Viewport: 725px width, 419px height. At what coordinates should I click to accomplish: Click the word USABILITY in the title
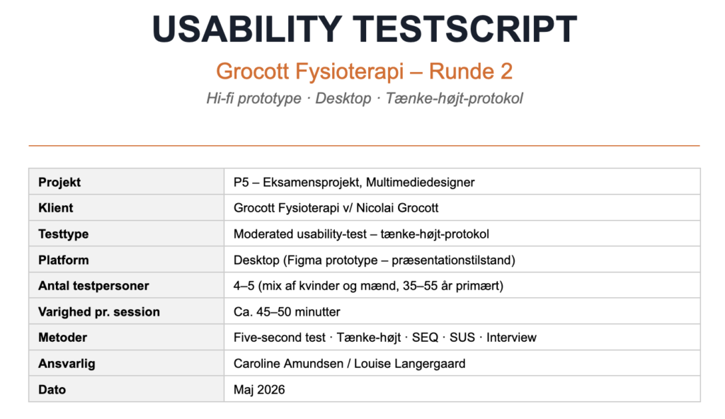coord(247,29)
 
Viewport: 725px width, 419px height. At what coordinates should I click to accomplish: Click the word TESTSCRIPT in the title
coord(465,29)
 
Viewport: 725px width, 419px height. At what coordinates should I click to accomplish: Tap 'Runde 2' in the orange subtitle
coord(470,71)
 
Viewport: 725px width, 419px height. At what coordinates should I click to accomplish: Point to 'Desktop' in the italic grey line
coord(343,98)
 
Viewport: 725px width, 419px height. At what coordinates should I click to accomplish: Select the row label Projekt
coord(59,182)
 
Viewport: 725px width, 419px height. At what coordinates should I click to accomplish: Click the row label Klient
coord(55,208)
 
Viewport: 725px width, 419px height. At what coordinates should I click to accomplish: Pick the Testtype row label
coord(63,234)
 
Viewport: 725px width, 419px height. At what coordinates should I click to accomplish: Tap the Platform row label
coord(63,260)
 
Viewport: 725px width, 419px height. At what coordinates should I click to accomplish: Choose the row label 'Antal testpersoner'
coord(93,286)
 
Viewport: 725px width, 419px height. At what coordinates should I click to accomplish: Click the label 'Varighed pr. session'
coord(99,311)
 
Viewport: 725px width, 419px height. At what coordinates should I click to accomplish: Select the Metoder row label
coord(62,338)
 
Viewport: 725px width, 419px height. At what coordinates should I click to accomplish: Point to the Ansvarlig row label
coord(67,364)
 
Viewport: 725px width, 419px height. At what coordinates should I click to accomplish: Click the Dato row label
coord(52,389)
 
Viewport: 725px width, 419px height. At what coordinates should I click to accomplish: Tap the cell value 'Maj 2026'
coord(259,389)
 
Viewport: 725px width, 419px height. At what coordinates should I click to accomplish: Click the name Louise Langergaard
coord(410,364)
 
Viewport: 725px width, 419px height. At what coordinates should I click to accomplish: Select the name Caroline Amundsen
coord(289,364)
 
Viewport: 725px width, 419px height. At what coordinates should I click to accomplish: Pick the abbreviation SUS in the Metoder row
coord(462,338)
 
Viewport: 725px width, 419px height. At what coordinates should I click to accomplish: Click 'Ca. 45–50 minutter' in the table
coord(287,311)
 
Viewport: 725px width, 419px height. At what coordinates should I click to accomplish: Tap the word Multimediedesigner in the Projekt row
coord(421,182)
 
